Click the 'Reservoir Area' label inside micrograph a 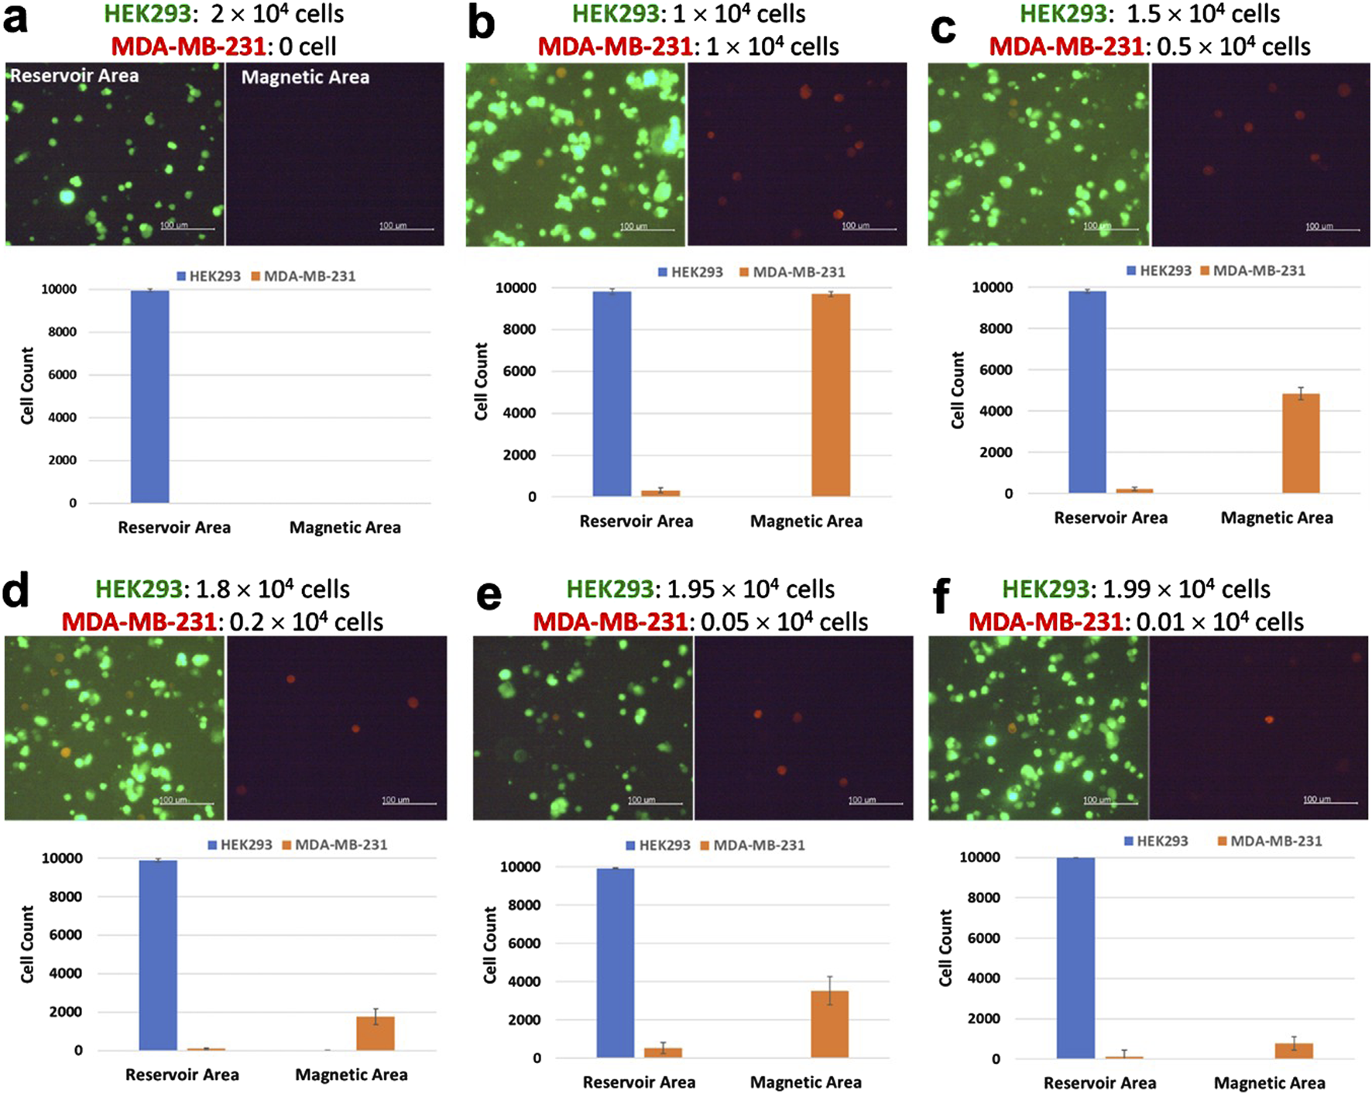(x=74, y=76)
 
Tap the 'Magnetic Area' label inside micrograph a (x=305, y=77)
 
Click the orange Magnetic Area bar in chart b (x=830, y=395)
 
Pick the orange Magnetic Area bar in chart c (x=1300, y=443)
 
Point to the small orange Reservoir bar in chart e (x=663, y=1052)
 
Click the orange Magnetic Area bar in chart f (x=1293, y=1050)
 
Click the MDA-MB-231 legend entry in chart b (x=791, y=272)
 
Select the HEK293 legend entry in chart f (x=1155, y=841)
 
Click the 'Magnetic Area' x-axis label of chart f (x=1269, y=1082)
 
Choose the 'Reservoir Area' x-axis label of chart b (x=636, y=521)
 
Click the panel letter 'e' (x=489, y=597)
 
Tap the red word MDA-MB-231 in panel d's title (x=139, y=621)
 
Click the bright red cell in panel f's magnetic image (x=1269, y=720)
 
